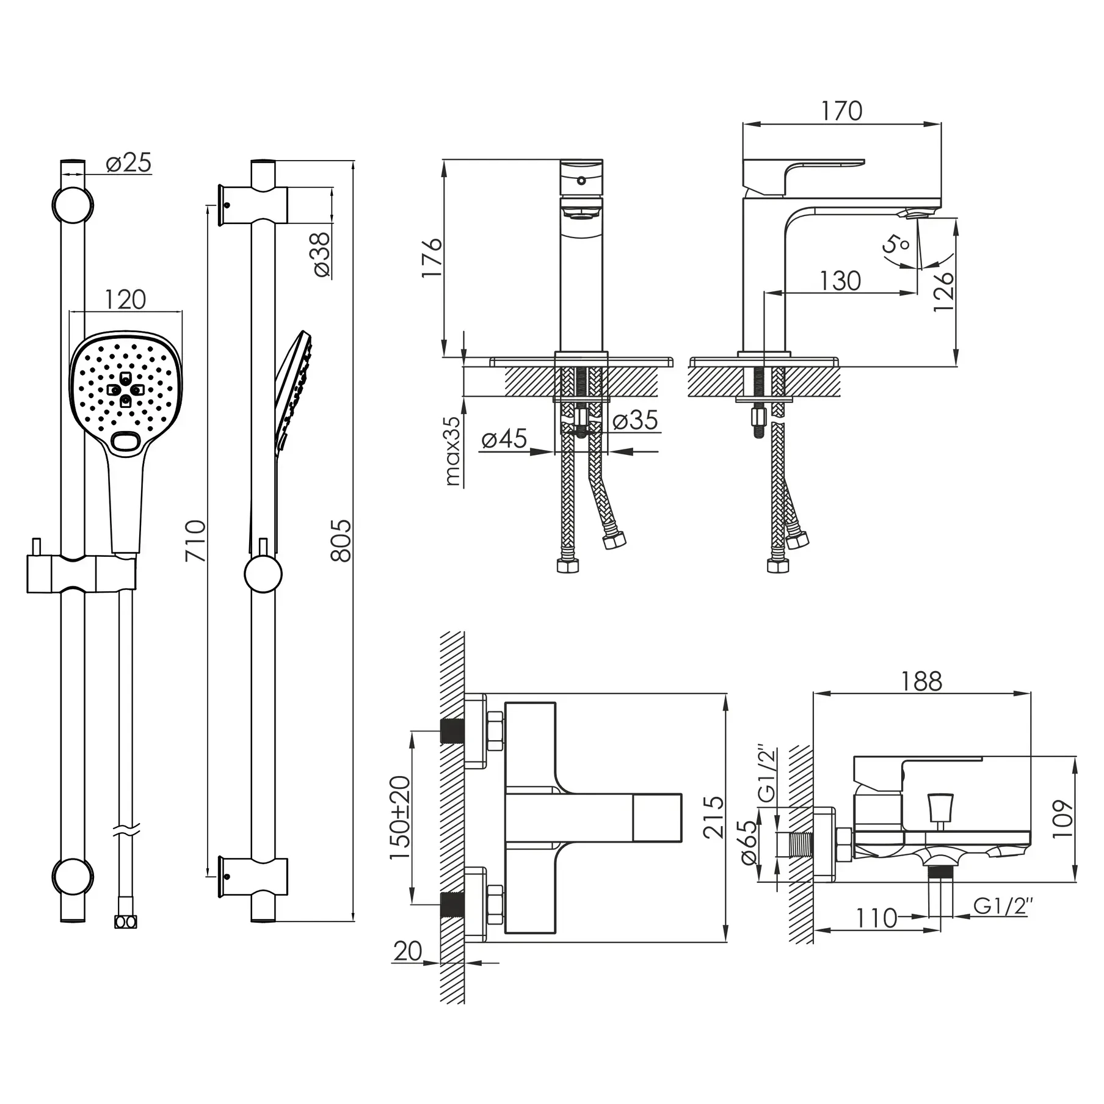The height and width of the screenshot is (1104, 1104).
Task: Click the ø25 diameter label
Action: click(x=128, y=164)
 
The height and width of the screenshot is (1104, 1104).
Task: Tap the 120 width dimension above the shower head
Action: click(x=126, y=300)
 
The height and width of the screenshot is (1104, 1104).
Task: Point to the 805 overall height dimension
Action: click(x=341, y=541)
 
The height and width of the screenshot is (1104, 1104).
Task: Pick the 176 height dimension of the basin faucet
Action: click(x=432, y=257)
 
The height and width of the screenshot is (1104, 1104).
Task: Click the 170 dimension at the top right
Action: click(x=841, y=111)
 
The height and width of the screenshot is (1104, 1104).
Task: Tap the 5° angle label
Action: click(x=896, y=245)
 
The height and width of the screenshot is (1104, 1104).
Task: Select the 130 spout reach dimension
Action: click(x=840, y=281)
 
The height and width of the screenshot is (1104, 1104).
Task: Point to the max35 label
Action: click(x=453, y=451)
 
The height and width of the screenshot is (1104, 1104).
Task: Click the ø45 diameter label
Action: click(x=504, y=439)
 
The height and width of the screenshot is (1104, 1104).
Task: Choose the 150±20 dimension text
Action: click(x=400, y=818)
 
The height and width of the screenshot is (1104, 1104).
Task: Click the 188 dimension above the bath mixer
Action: click(x=921, y=681)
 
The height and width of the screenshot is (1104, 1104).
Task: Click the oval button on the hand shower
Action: click(x=126, y=443)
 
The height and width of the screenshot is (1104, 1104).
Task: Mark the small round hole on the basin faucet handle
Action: click(x=581, y=181)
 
